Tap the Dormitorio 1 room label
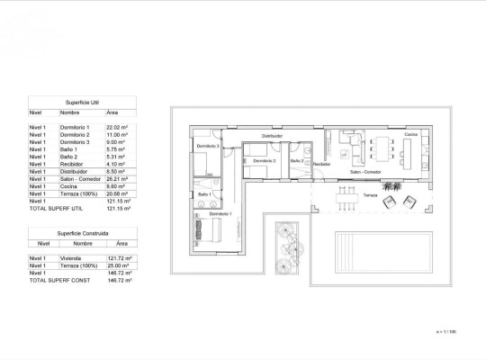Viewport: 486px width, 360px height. [x=220, y=213]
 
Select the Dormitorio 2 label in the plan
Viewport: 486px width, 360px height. [x=264, y=160]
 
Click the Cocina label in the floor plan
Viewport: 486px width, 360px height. [x=410, y=135]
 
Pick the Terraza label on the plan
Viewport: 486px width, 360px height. [x=370, y=194]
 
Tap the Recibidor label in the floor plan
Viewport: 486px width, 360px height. [x=322, y=165]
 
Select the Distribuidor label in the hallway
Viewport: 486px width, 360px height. [x=272, y=136]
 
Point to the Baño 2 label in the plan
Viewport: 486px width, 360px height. [x=296, y=160]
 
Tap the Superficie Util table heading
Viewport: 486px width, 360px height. [x=82, y=103]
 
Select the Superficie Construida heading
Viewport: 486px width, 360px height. [x=82, y=233]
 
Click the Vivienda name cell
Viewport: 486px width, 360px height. [x=71, y=258]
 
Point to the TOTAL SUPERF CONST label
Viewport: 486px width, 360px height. [x=60, y=281]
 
